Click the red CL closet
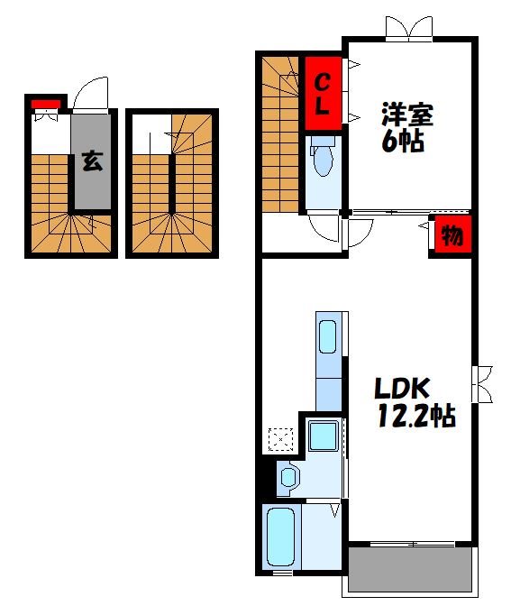[323, 93]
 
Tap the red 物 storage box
[451, 236]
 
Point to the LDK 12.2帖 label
[413, 402]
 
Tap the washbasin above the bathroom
[288, 476]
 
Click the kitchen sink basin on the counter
[328, 336]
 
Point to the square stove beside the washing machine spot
[322, 436]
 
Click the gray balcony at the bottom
[410, 570]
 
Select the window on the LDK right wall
[482, 382]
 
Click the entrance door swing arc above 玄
[90, 93]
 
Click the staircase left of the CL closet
[281, 135]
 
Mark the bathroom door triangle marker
[334, 510]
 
